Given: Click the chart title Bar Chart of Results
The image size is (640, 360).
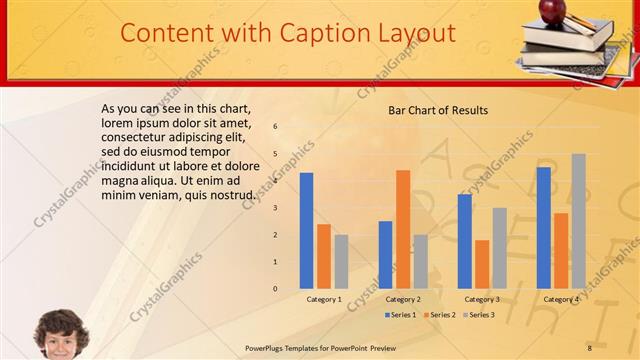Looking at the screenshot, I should pos(438,110).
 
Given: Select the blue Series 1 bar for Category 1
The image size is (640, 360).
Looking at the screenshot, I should pos(306,231).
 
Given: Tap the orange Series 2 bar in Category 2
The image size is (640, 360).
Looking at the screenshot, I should pos(403,229).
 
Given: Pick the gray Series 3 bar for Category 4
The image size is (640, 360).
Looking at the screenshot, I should pos(578,221).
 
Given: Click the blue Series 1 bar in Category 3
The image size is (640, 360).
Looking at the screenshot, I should pos(464,241).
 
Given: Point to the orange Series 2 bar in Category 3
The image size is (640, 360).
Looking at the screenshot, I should pos(482,264).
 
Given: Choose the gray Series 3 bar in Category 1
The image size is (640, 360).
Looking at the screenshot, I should pos(341,262).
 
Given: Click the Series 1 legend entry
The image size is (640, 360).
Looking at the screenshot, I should pos(401,315).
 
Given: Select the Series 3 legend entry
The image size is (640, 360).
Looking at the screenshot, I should pos(478,315).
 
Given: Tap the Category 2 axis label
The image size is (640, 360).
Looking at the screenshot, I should pos(403,299).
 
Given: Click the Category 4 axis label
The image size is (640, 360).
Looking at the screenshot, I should pos(561,299).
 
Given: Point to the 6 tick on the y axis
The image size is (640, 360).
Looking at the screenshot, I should pos(275,127).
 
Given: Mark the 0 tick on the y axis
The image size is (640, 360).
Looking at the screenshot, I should pos(275,289).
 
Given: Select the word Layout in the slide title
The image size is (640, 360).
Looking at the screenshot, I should pos(416,33).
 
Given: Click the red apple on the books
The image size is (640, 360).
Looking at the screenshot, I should pos(551,10).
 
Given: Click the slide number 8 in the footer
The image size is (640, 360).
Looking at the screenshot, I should pos(589,347).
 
